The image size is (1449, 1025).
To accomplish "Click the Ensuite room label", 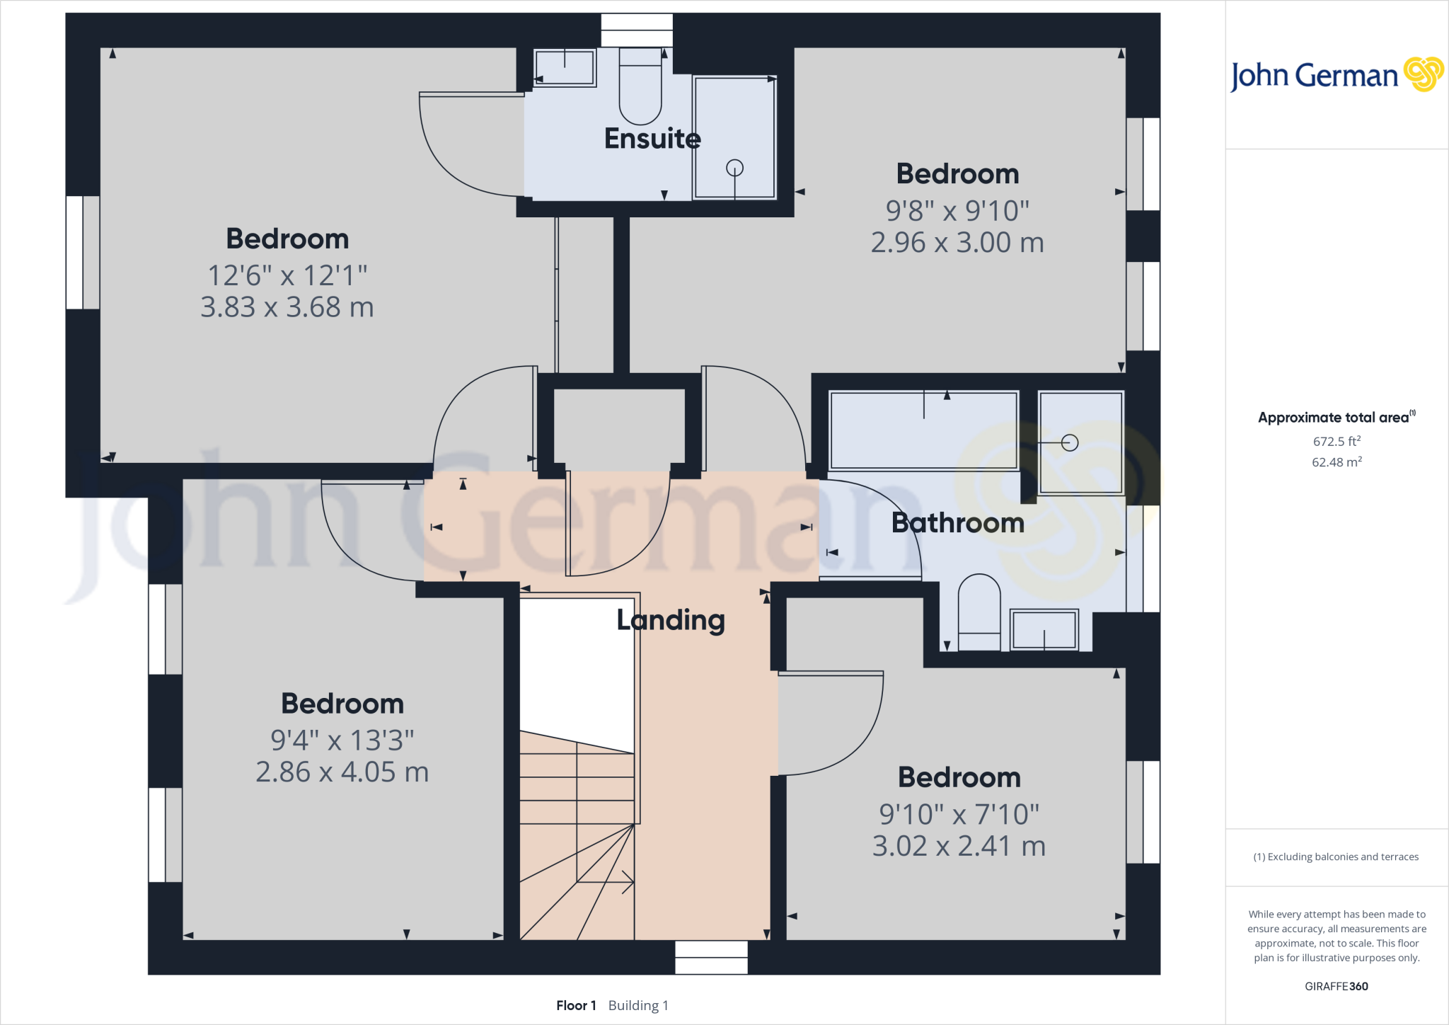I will pyautogui.click(x=652, y=139).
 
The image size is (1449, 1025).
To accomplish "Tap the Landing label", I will pyautogui.click(x=671, y=620).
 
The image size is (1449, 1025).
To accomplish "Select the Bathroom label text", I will pyautogui.click(x=957, y=523).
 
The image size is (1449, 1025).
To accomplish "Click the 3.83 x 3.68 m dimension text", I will pyautogui.click(x=287, y=307).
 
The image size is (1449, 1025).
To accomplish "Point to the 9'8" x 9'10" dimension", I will pyautogui.click(x=957, y=210).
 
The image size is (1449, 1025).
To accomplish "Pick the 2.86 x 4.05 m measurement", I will pyautogui.click(x=342, y=772).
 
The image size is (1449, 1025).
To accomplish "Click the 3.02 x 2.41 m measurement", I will pyautogui.click(x=959, y=846).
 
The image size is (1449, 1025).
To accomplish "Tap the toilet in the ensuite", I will pyautogui.click(x=640, y=88).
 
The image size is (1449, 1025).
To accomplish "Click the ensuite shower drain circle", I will pyautogui.click(x=735, y=168).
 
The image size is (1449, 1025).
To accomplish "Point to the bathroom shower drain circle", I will pyautogui.click(x=1070, y=442).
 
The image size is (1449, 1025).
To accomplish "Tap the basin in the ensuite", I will pyautogui.click(x=565, y=68).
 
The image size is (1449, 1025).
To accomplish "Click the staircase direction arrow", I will pyautogui.click(x=625, y=882).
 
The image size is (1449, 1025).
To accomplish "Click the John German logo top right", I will pyautogui.click(x=1336, y=75).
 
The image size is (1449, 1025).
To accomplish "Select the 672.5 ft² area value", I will pyautogui.click(x=1337, y=441).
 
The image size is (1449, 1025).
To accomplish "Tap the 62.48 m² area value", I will pyautogui.click(x=1337, y=462).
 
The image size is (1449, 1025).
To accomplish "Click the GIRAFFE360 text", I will pyautogui.click(x=1336, y=986).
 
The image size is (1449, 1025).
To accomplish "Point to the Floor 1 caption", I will pyautogui.click(x=576, y=1005).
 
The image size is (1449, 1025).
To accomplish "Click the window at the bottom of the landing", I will pyautogui.click(x=711, y=957).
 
